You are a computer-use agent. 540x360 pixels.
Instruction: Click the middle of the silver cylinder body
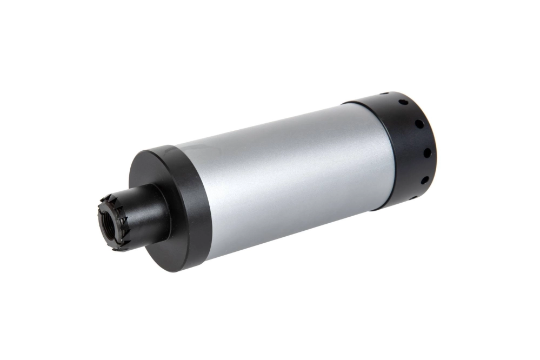coord(286,178)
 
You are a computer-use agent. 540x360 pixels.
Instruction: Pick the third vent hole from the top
coord(419,124)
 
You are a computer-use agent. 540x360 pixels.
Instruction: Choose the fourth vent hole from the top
coord(426,152)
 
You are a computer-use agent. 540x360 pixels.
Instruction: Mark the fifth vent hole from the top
coord(424,179)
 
